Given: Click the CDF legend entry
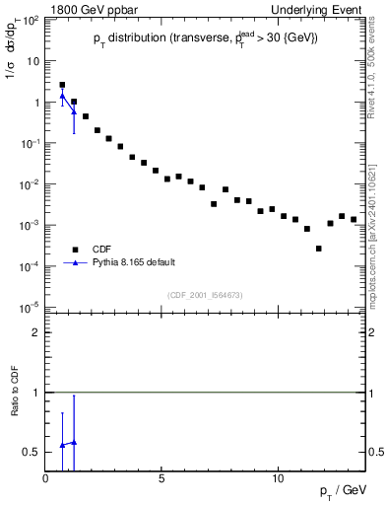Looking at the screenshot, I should [101, 249].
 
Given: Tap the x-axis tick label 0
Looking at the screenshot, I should [46, 478].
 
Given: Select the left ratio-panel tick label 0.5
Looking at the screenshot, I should [32, 452].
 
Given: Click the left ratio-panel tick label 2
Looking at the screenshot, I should [37, 332].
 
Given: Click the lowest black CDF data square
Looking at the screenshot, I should [318, 249].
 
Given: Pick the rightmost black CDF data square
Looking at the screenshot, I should [354, 219].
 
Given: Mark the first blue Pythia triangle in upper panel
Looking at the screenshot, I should [62, 97].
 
